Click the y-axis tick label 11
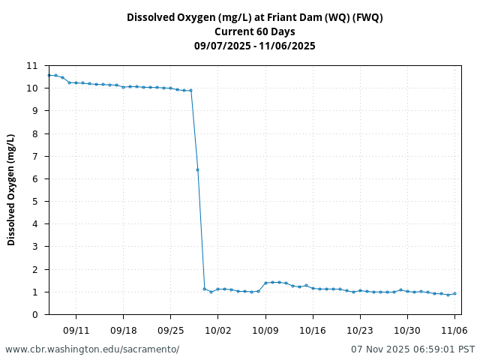point(32,66)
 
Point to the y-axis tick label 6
point(34,179)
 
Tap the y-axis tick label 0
point(34,314)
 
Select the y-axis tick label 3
point(34,247)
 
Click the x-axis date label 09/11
point(76,330)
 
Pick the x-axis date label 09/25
point(170,330)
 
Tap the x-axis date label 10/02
point(217,330)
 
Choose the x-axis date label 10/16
point(312,330)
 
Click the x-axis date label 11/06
point(454,330)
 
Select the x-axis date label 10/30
point(407,330)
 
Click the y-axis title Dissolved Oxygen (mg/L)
point(12,190)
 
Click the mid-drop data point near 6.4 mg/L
point(197,169)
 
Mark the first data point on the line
point(49,75)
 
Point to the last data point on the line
point(454,293)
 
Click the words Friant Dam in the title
point(289,17)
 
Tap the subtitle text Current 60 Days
point(255,31)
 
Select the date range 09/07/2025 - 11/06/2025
point(255,46)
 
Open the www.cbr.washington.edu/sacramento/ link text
point(92,349)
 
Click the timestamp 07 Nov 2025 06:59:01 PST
point(412,349)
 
